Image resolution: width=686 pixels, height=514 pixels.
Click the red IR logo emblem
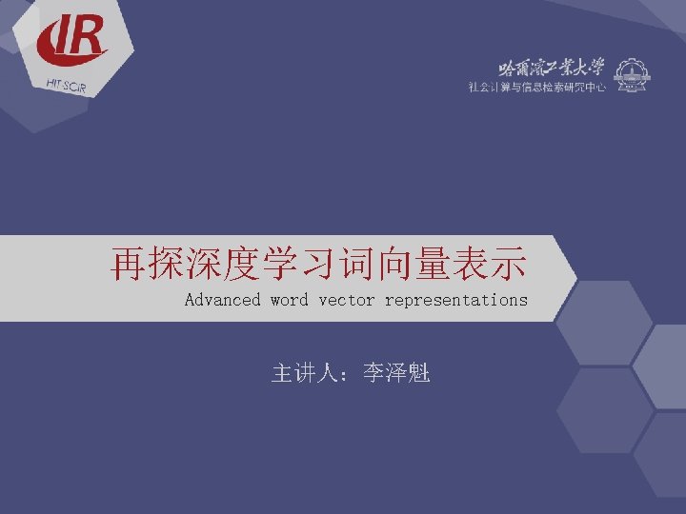tap(71, 40)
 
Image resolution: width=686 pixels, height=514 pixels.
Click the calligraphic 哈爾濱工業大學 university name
tap(552, 68)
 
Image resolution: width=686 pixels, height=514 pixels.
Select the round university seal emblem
tap(629, 75)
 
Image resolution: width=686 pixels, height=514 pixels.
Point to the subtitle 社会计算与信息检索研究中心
tap(537, 87)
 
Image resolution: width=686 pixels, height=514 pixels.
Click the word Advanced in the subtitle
tap(222, 300)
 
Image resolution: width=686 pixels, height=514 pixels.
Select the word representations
tap(455, 300)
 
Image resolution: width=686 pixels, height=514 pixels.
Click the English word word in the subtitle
tap(289, 300)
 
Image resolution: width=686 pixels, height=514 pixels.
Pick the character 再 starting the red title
tap(129, 265)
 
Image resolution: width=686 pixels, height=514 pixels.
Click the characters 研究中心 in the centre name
tap(584, 87)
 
